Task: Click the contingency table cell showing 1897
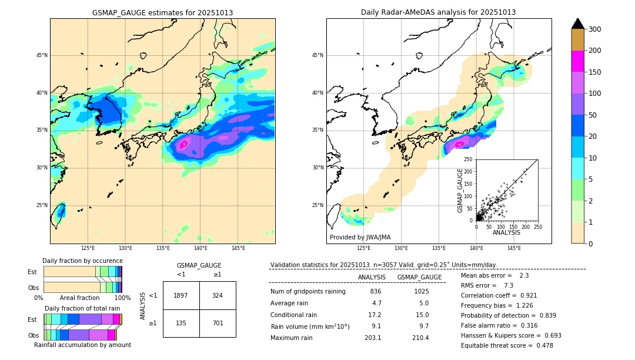click(x=181, y=295)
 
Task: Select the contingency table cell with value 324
click(x=217, y=295)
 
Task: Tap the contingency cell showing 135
click(x=181, y=323)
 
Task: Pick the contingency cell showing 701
click(x=217, y=323)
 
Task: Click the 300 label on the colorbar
click(x=596, y=29)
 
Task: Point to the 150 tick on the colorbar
click(x=596, y=72)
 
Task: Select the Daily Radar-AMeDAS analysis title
click(x=438, y=12)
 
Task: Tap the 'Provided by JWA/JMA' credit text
click(x=360, y=237)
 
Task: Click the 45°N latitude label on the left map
click(x=41, y=55)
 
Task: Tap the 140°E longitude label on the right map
click(x=476, y=248)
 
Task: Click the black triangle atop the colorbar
click(x=577, y=24)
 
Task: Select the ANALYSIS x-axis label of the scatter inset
click(x=506, y=232)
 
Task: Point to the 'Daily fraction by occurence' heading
click(x=82, y=261)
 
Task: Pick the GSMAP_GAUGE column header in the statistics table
click(x=419, y=277)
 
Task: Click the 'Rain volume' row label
click(x=309, y=326)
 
